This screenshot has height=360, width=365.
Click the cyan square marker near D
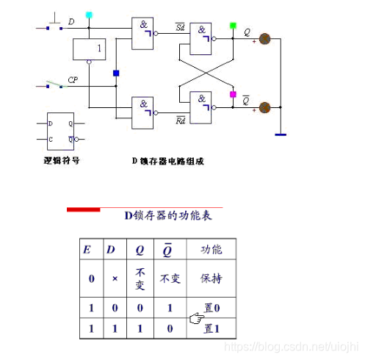89,15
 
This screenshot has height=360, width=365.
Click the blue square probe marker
115,73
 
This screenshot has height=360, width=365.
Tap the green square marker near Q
233,26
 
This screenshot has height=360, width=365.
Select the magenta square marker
233,95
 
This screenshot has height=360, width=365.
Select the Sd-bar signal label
179,27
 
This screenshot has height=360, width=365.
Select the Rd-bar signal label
179,120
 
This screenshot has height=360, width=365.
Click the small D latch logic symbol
61,131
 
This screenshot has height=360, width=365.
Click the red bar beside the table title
83,209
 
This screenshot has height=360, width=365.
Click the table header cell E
87,250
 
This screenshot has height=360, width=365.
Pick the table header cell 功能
212,250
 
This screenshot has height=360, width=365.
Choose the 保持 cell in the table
212,279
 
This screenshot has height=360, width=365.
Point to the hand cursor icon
195,317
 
